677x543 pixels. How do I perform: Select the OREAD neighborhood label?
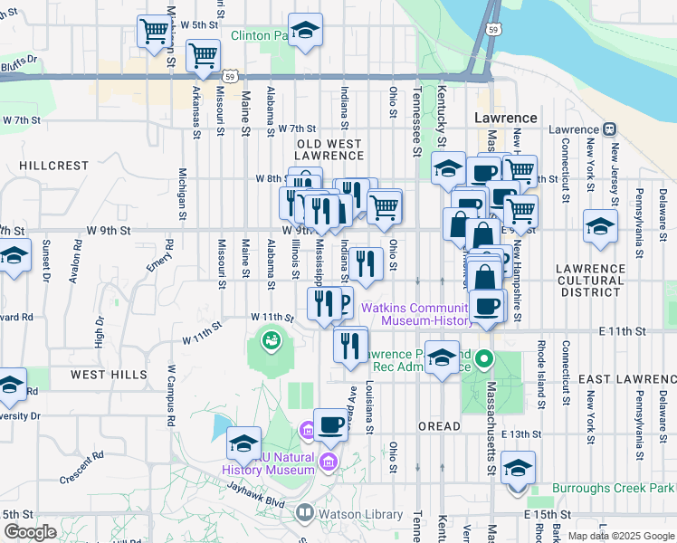click(439, 425)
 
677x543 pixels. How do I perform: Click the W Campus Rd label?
click(169, 395)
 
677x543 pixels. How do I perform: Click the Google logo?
click(30, 532)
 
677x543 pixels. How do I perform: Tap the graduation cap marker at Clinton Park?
click(305, 30)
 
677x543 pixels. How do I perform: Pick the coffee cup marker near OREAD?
click(330, 424)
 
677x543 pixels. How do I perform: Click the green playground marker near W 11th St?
click(269, 341)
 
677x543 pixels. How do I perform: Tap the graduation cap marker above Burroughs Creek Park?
click(518, 468)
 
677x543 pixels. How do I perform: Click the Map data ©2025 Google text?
click(620, 536)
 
